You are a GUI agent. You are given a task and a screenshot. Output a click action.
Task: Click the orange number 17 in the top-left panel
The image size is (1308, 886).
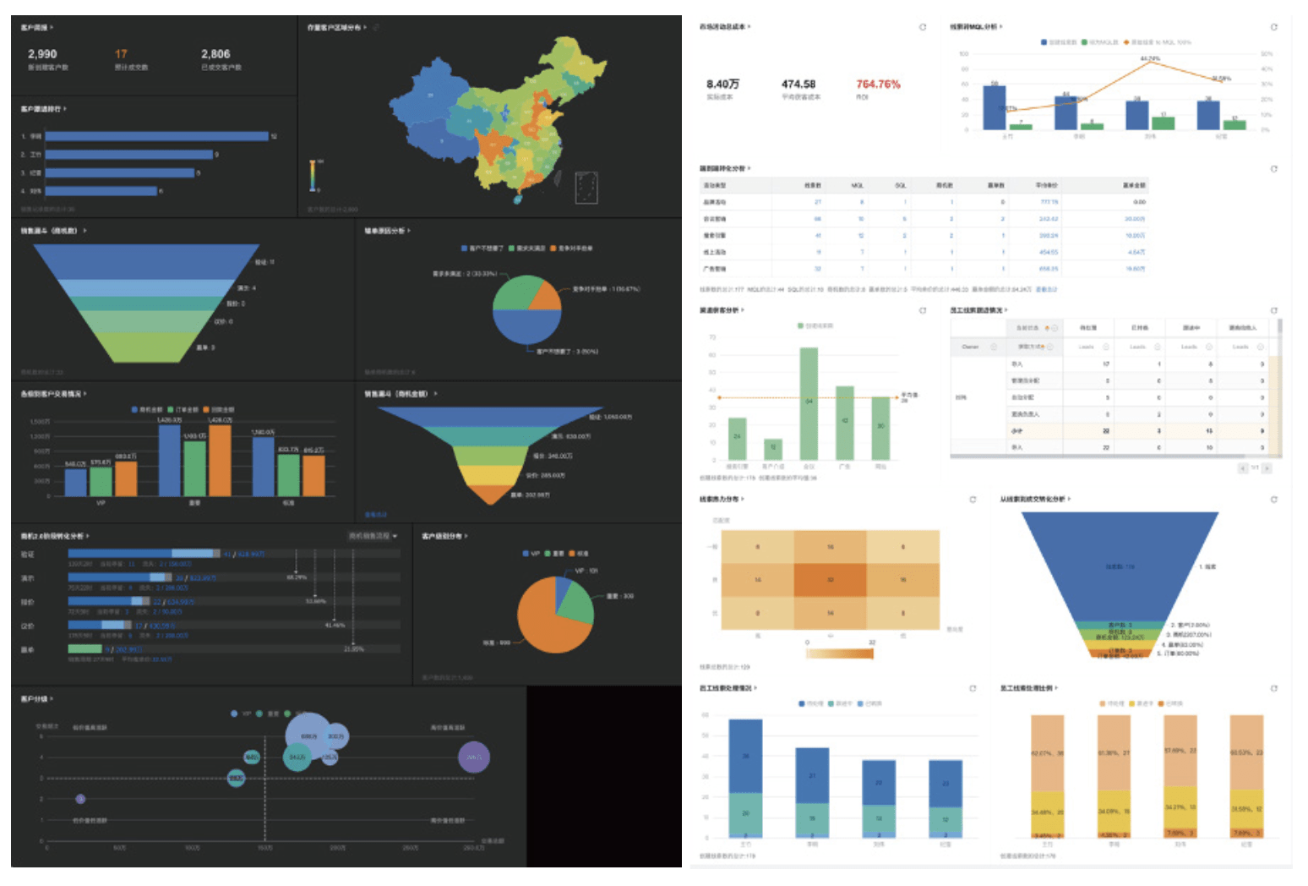click(122, 54)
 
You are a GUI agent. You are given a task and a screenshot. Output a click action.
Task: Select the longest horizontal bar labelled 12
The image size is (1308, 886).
click(156, 136)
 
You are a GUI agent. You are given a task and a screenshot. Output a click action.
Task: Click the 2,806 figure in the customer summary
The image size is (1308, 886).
click(215, 54)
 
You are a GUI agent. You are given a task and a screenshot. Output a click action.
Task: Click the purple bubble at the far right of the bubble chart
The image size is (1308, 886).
click(474, 757)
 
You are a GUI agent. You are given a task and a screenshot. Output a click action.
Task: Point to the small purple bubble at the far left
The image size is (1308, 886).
click(80, 799)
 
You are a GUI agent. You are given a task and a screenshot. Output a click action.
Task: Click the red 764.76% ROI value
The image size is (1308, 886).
click(878, 85)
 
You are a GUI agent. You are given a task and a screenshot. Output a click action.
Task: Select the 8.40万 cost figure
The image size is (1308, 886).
click(722, 85)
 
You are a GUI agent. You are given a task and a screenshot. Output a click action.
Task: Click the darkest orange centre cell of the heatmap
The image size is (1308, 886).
click(830, 580)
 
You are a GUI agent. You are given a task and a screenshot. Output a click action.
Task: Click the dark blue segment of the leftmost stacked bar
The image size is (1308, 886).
click(745, 756)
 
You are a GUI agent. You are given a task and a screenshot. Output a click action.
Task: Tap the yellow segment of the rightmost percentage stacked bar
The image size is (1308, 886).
click(1246, 810)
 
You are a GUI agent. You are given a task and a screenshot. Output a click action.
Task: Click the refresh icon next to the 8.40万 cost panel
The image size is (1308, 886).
click(923, 27)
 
